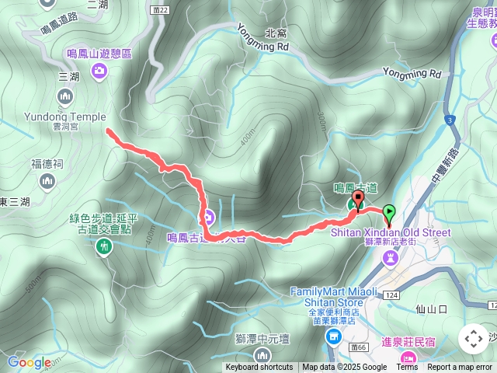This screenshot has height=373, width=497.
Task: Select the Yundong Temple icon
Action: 65,96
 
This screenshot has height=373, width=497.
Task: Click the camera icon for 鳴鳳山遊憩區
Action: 99,72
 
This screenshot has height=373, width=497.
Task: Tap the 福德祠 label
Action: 47,164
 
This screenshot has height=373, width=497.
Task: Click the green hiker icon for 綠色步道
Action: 103,247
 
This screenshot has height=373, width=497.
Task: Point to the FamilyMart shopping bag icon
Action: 334,336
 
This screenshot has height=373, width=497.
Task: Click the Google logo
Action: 29,362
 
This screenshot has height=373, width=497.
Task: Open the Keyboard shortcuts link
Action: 259,368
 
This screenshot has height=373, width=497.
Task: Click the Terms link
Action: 408,368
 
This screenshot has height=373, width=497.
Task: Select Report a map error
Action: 459,368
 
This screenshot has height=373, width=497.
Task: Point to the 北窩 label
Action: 276,33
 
